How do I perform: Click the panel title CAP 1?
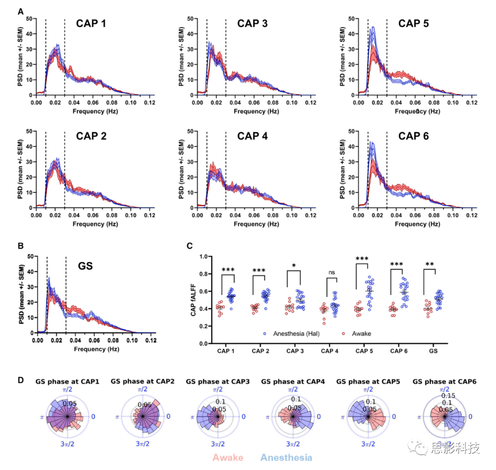click(x=91, y=23)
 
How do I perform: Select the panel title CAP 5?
click(x=413, y=23)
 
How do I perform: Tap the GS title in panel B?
click(x=85, y=265)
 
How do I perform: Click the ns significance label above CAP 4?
click(x=332, y=272)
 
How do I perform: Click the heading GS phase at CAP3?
click(x=218, y=381)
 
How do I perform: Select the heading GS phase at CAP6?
click(x=445, y=381)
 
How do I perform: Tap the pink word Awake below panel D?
click(x=228, y=458)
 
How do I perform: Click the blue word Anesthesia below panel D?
click(x=286, y=458)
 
